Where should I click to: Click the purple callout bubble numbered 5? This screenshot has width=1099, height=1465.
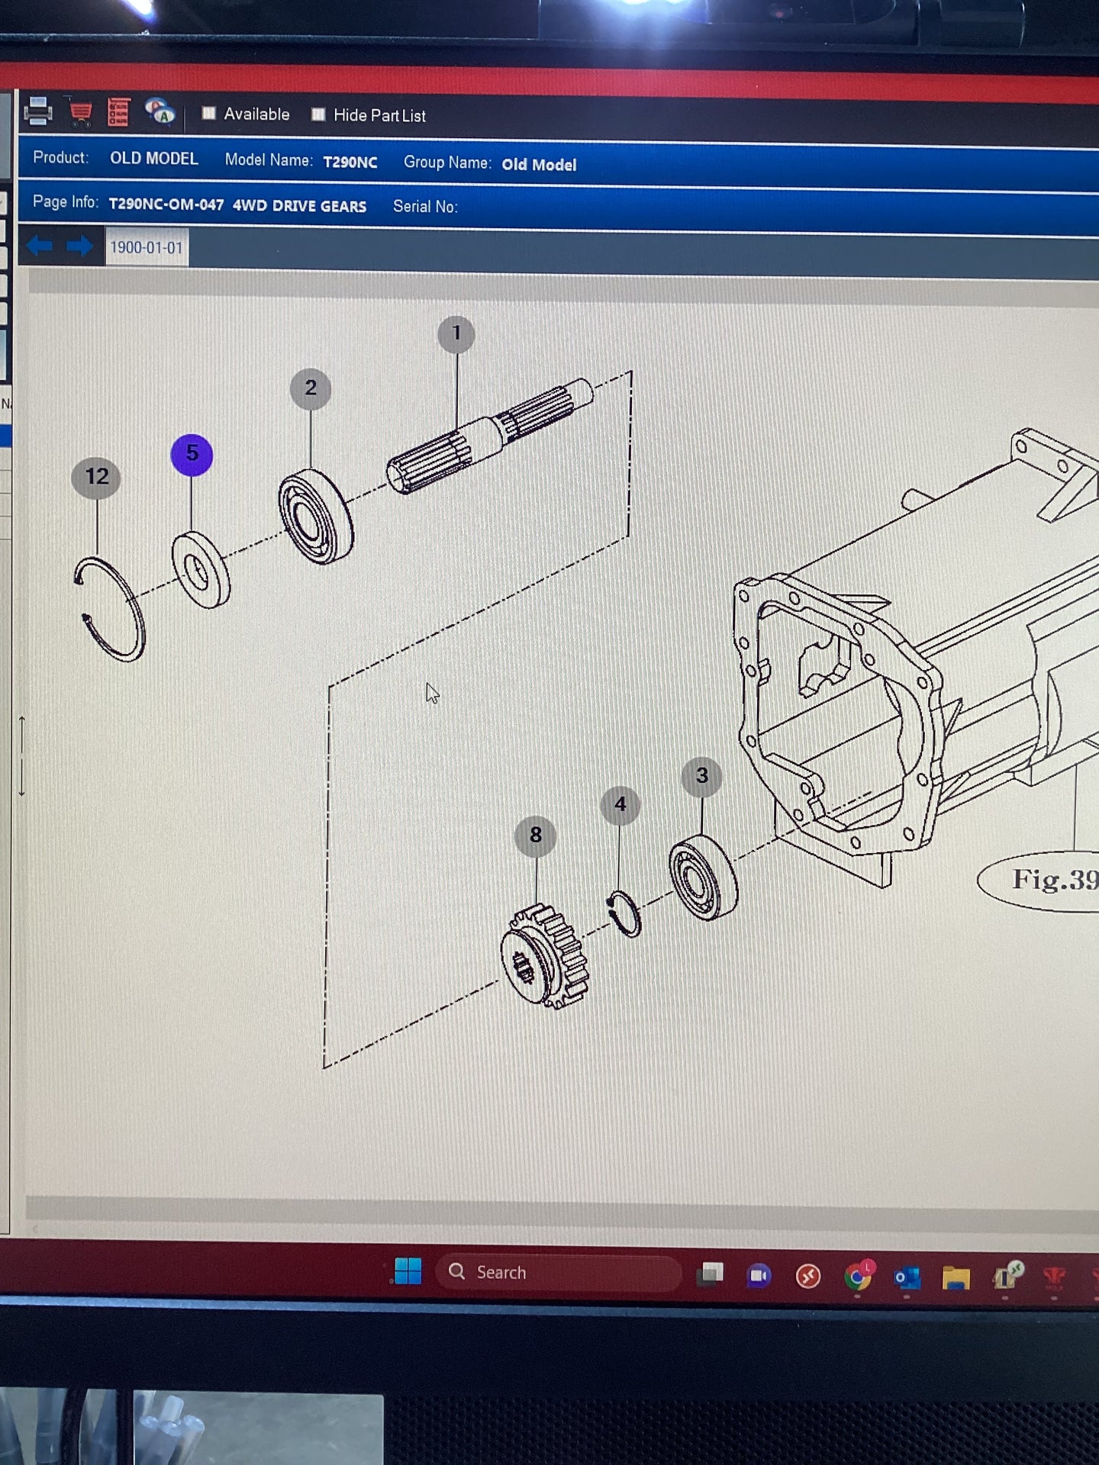192,455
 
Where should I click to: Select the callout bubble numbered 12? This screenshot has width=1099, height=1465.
96,478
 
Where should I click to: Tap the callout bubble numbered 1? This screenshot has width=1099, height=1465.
456,334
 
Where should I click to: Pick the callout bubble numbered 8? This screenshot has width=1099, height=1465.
536,836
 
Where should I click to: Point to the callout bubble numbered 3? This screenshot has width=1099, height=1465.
702,777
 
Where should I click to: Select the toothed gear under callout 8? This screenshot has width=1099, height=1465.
544,956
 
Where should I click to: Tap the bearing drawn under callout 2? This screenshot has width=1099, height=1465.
315,517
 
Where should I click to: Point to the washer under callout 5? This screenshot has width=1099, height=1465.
201,570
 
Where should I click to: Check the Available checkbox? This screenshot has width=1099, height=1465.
208,114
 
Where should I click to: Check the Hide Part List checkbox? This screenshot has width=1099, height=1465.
318,114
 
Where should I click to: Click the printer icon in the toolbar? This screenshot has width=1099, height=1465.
37,111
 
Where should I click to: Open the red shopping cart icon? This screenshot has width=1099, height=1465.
79,112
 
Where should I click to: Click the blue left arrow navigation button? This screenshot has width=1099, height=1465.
40,246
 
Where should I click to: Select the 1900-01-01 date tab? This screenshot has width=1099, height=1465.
147,247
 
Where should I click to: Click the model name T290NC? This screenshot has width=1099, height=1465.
350,162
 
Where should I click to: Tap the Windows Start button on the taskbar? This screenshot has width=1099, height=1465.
408,1271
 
